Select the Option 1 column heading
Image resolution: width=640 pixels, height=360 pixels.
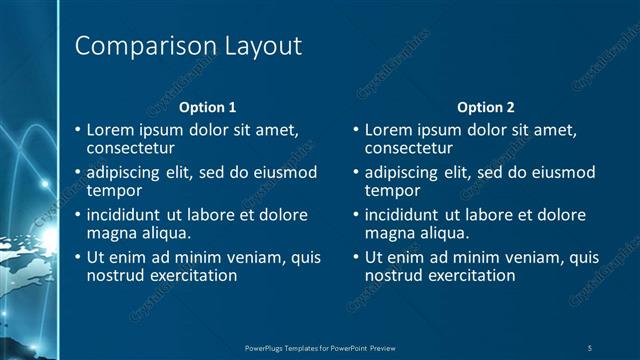207,107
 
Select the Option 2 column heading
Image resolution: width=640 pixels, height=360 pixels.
485,107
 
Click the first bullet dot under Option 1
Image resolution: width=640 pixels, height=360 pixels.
79,130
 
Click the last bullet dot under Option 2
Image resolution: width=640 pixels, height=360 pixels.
357,258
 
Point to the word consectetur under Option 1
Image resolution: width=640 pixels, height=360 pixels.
131,148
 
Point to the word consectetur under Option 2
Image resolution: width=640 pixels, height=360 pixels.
409,148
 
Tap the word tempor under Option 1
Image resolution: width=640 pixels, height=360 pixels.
114,190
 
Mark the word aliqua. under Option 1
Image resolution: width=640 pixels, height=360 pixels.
164,233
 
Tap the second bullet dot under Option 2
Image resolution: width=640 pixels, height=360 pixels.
357,172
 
